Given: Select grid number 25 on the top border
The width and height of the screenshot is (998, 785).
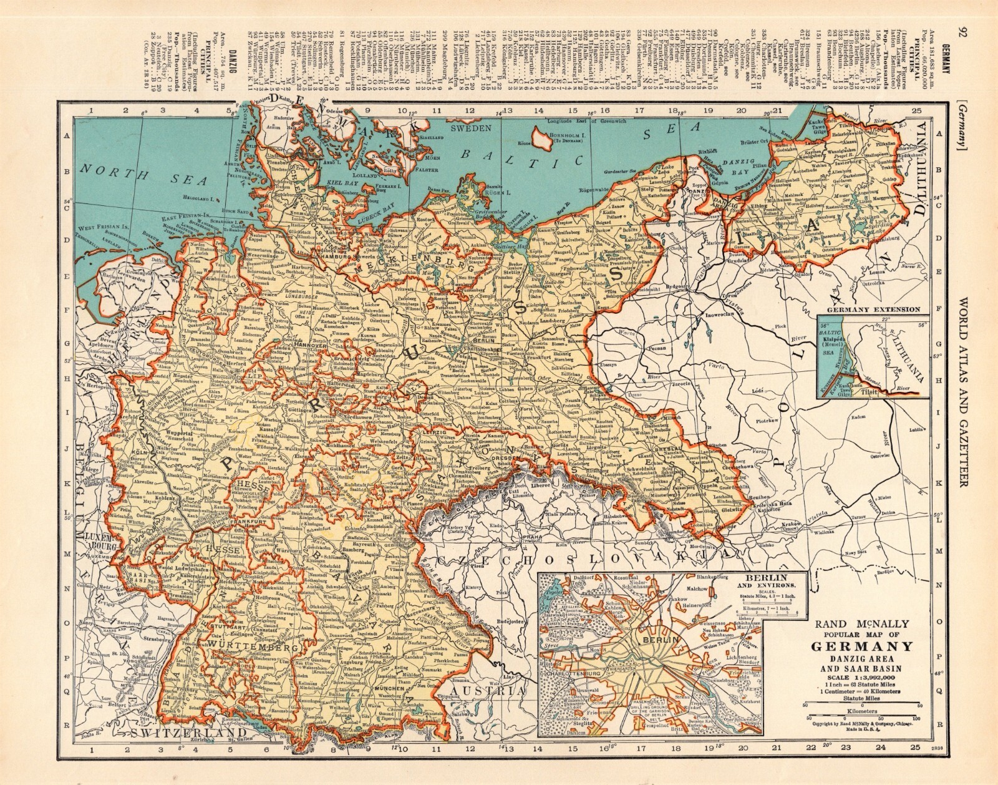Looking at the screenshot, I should pos(916,94).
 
